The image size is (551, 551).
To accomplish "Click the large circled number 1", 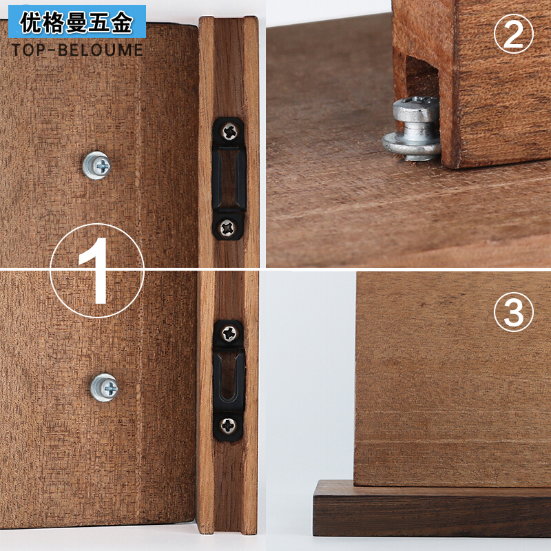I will point(97,270).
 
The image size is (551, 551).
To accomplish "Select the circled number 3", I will point(513,314).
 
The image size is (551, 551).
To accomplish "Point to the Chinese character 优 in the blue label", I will point(32,24).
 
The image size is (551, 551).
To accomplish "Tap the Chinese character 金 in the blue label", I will point(121,24).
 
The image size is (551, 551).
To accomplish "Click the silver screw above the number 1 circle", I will point(96,165).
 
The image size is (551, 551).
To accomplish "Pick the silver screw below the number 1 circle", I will point(105,387).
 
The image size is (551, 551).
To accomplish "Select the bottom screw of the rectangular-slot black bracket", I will point(229,226).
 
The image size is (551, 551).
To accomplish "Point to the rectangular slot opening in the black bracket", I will point(229,178).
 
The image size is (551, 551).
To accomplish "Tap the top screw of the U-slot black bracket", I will point(229,333).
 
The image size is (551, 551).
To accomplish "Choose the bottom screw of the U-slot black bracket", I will point(229,426).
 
